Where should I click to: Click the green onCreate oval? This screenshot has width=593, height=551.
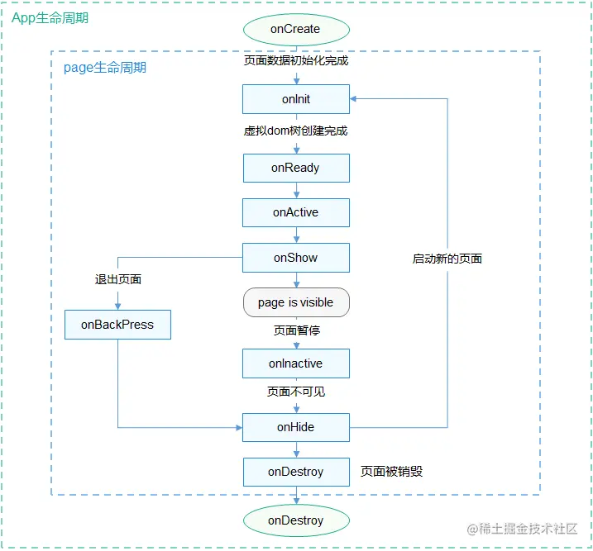[x=295, y=29]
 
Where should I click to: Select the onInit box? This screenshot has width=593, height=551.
[x=295, y=100]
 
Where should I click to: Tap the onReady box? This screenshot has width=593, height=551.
[x=295, y=168]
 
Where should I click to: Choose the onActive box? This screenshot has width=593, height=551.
[x=295, y=212]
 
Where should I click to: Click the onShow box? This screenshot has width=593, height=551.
[x=295, y=258]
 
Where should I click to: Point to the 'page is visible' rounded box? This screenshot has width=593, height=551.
[x=295, y=302]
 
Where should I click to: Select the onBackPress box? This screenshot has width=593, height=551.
[x=117, y=325]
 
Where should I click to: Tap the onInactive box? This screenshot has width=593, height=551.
[x=295, y=363]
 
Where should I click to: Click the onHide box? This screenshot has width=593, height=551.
[x=295, y=427]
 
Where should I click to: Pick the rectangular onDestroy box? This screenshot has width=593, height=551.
[x=295, y=472]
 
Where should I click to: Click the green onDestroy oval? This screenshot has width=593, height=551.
[x=295, y=520]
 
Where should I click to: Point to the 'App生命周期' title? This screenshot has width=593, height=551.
[x=50, y=17]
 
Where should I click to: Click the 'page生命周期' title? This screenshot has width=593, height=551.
[x=105, y=68]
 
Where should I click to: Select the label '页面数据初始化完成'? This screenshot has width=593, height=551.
[x=295, y=61]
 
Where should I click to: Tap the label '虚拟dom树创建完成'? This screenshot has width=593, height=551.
[x=295, y=131]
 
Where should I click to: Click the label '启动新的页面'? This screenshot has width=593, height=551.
[x=447, y=259]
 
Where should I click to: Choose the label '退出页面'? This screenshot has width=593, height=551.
[x=118, y=279]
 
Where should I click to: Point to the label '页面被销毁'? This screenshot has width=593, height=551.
[x=392, y=472]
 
